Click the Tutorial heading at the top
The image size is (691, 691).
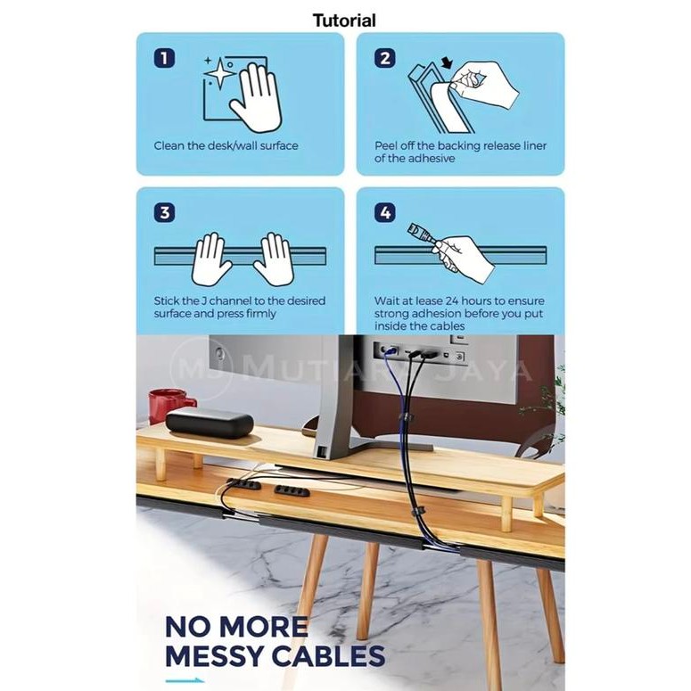(344, 20)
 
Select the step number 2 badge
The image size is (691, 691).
(384, 59)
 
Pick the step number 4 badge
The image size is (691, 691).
(384, 213)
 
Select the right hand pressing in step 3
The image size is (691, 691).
(272, 259)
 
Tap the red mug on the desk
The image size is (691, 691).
(169, 404)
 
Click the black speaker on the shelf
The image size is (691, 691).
(210, 422)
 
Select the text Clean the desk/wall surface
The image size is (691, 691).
(226, 146)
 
